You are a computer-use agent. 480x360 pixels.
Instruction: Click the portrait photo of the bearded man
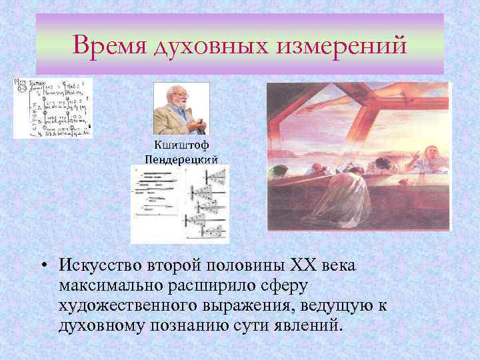181,108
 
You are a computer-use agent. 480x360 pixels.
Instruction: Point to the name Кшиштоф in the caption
181,146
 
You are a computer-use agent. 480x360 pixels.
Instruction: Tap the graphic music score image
180,203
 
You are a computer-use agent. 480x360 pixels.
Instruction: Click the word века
341,265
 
